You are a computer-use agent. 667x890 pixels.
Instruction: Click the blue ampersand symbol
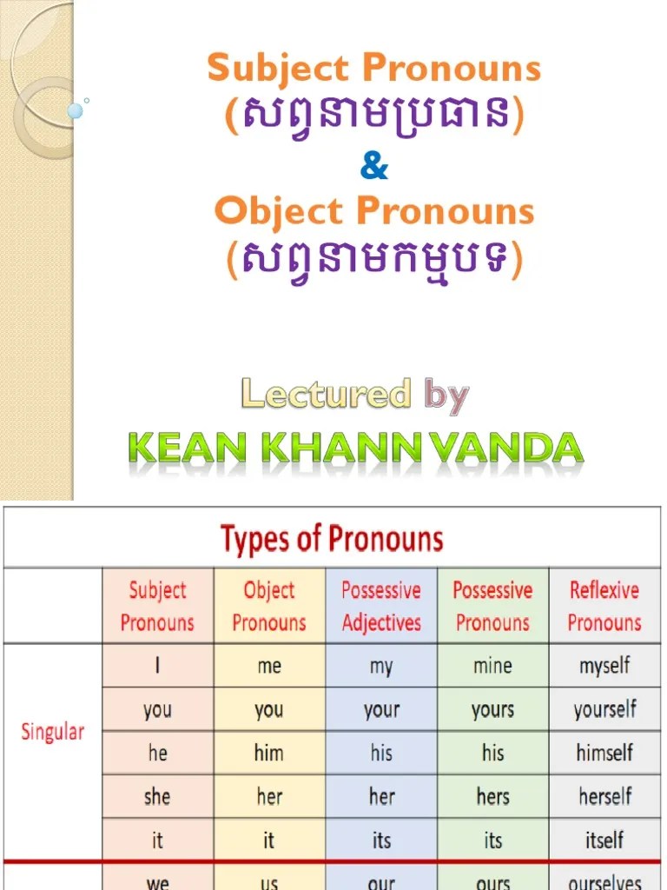click(374, 165)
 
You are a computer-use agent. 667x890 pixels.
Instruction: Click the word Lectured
click(326, 395)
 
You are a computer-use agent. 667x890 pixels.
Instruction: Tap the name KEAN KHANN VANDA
click(355, 448)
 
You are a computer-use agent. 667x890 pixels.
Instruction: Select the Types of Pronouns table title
click(332, 539)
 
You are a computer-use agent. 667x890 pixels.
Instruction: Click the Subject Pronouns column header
click(157, 606)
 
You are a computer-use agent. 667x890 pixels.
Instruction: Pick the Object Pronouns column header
click(269, 606)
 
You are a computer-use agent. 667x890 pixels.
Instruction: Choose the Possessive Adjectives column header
click(381, 606)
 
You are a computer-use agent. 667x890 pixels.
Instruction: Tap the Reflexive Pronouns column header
click(604, 606)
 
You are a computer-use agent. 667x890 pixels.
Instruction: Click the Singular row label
click(53, 731)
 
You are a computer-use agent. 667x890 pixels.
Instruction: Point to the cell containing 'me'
click(269, 667)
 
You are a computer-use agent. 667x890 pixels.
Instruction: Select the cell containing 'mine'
click(492, 667)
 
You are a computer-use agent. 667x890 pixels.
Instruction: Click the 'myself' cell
click(604, 667)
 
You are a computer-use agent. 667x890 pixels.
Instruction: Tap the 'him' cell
click(269, 753)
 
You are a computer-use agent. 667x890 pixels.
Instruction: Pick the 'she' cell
click(157, 796)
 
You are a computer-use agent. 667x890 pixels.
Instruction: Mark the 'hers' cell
click(492, 796)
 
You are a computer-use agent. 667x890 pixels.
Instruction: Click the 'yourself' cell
click(604, 710)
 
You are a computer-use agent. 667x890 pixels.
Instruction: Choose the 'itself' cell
click(604, 840)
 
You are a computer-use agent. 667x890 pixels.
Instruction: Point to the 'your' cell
click(381, 710)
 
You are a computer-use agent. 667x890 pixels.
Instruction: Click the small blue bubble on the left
click(76, 111)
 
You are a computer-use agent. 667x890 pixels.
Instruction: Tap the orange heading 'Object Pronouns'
click(374, 211)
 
